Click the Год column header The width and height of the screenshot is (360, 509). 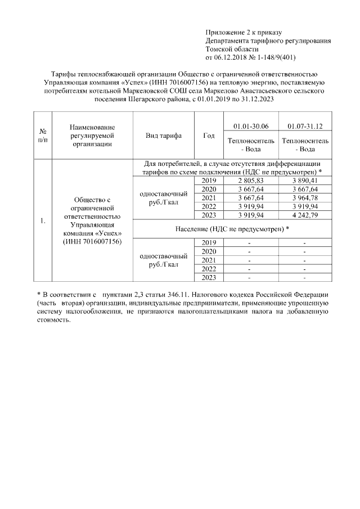click(x=209, y=136)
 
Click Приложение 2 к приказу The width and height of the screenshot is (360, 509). click(x=244, y=33)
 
